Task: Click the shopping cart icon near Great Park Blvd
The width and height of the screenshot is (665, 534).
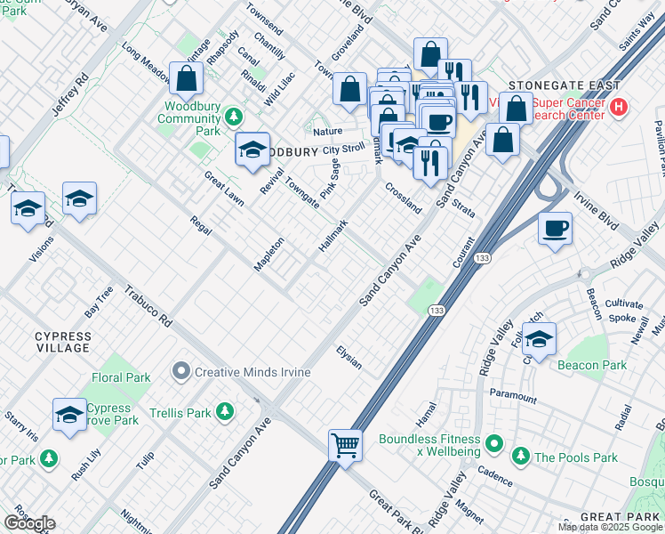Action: tap(345, 443)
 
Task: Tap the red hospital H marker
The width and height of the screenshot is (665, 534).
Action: tap(620, 109)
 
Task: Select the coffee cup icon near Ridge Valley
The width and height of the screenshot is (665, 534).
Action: tap(556, 229)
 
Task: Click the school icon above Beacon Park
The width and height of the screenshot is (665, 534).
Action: tap(538, 338)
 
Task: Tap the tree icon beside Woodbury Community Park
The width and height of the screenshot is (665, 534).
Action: tap(234, 117)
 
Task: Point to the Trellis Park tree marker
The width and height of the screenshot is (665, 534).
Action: tap(226, 411)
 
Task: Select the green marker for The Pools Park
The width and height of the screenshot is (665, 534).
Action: tap(520, 457)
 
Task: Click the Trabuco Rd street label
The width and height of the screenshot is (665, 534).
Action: tap(147, 306)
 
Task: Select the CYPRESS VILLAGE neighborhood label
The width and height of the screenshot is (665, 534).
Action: tap(62, 342)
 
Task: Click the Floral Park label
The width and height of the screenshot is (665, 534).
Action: tap(121, 377)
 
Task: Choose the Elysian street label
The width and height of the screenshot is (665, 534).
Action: tap(349, 357)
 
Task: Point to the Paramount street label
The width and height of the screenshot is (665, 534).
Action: tap(513, 397)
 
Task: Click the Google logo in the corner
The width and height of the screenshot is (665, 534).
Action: tap(29, 523)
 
